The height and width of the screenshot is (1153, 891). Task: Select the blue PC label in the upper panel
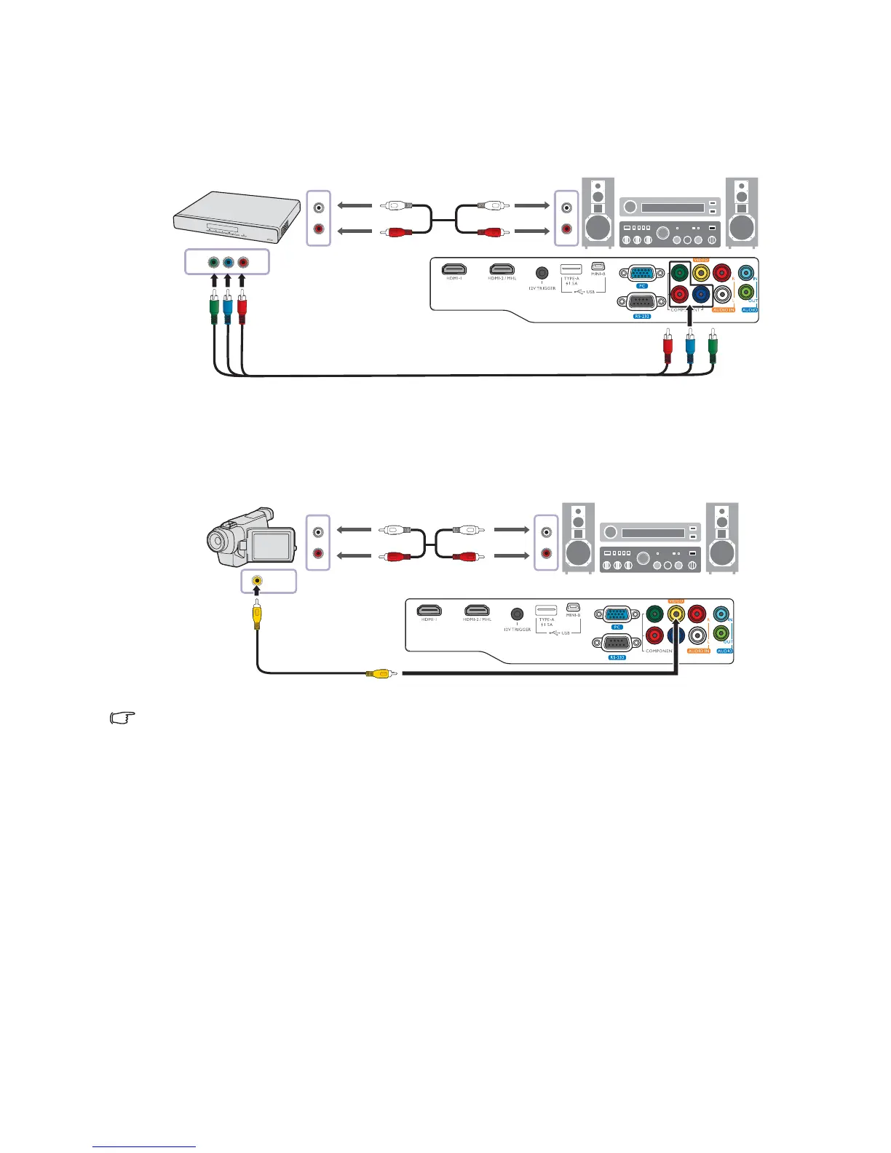641,286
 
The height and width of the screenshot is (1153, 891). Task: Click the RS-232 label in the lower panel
617,657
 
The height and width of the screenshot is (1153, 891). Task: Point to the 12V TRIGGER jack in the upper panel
542,274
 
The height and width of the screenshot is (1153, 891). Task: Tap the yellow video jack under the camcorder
256,581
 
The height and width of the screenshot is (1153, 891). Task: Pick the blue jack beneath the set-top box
228,262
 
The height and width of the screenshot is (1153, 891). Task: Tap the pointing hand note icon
122,718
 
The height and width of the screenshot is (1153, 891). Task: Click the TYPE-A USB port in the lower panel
546,609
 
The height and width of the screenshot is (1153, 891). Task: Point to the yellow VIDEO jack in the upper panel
701,273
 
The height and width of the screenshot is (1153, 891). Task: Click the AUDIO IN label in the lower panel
698,651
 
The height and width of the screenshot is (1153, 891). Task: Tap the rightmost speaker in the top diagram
742,212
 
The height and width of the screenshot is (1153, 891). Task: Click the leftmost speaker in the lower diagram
578,536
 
